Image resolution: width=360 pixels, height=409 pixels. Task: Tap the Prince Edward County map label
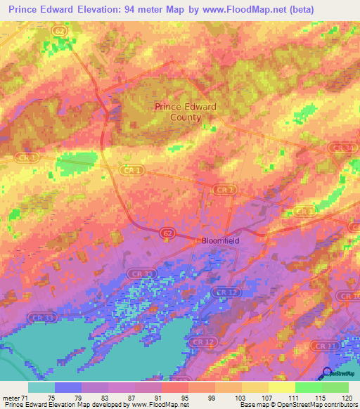pyautogui.click(x=186, y=112)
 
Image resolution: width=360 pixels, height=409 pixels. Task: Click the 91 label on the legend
pyautogui.click(x=147, y=398)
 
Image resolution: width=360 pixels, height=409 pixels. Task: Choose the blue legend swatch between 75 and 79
pyautogui.click(x=68, y=387)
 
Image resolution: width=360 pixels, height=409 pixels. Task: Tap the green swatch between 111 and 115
pyautogui.click(x=309, y=387)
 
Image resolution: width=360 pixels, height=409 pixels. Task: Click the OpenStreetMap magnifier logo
pyautogui.click(x=327, y=373)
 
